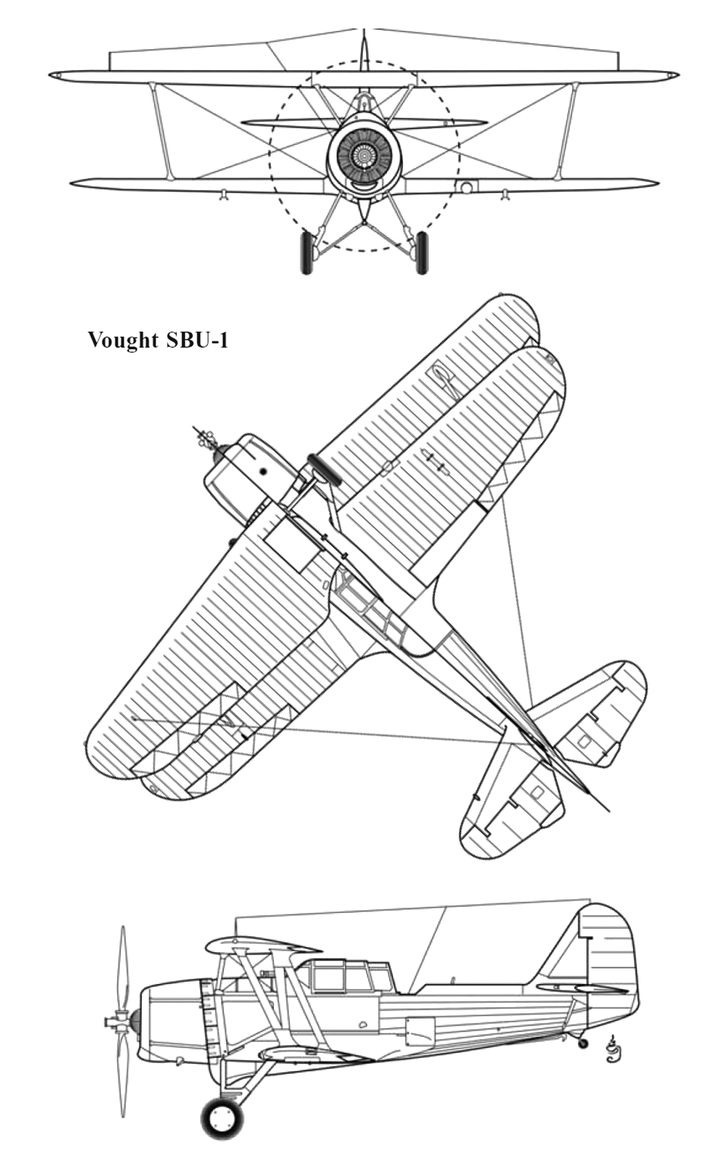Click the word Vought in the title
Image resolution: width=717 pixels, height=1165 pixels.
[123, 340]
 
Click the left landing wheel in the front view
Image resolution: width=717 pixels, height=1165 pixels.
[306, 253]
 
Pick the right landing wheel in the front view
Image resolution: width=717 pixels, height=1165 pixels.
[422, 253]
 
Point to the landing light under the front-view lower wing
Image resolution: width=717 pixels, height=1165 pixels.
[466, 186]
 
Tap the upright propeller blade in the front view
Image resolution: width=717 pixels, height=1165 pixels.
[365, 51]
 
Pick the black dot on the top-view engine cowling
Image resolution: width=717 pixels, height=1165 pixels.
[263, 471]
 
